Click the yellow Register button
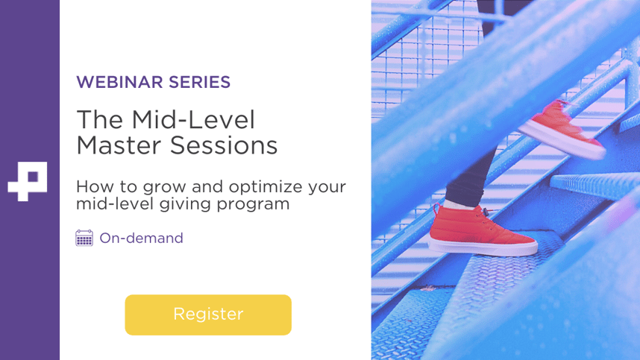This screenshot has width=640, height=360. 208,315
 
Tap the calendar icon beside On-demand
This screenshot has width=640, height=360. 84,238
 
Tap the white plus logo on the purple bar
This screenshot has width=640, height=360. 28,180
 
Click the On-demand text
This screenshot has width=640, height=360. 141,239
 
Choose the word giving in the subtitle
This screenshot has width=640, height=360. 185,204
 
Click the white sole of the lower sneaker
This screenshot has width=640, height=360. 485,250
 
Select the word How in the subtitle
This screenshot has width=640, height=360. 92,186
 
